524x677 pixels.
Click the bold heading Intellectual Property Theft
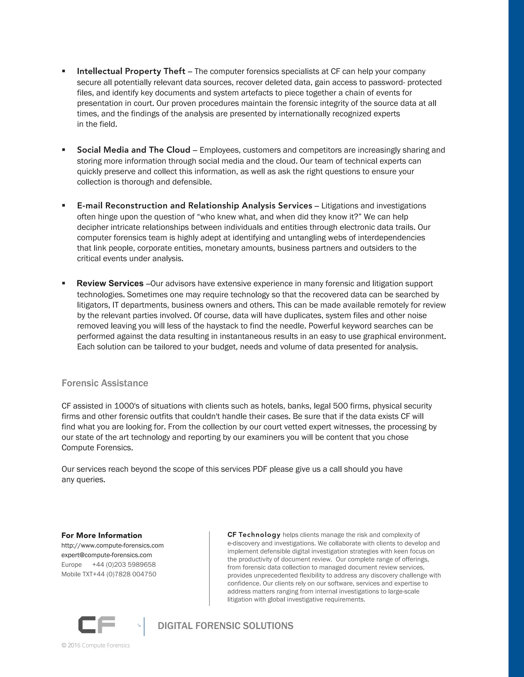pos(131,71)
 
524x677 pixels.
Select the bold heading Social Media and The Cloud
pos(134,150)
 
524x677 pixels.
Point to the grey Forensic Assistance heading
pos(105,383)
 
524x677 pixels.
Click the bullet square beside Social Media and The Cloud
pos(64,150)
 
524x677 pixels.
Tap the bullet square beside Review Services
pos(64,283)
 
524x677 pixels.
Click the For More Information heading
pos(102,535)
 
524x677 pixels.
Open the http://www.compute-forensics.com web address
pos(112,545)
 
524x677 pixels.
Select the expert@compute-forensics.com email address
pos(106,555)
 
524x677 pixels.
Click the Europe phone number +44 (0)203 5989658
pos(124,565)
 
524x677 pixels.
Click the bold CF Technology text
pos(254,535)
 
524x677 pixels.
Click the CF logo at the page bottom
pos(96,625)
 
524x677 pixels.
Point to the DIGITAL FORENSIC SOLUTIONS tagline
pos(225,626)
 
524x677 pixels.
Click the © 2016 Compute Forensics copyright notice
pos(96,645)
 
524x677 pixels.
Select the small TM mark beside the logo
pos(139,625)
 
